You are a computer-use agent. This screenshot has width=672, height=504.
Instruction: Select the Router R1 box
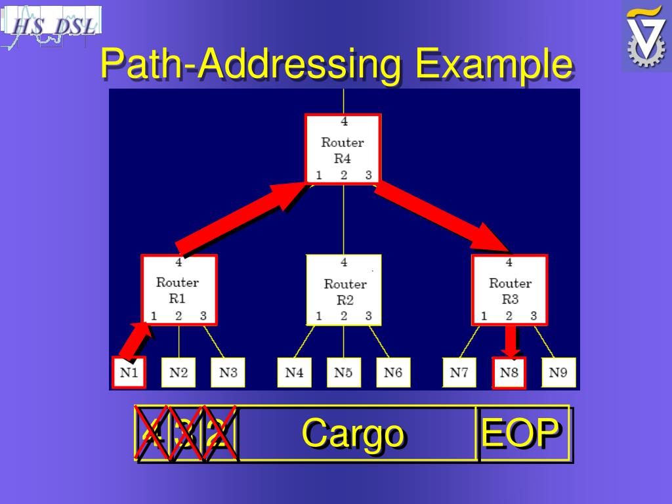[178, 290]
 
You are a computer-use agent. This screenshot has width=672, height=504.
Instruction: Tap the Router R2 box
[344, 290]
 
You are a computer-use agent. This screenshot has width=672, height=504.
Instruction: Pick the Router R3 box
[509, 290]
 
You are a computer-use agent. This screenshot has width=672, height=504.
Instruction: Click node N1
[129, 373]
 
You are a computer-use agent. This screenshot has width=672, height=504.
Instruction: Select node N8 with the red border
[509, 373]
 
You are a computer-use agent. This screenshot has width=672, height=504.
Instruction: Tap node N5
[343, 373]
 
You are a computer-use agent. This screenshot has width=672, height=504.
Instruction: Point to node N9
[558, 373]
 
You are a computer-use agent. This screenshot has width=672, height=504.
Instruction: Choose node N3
[228, 373]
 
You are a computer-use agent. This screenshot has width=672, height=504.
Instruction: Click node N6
[393, 373]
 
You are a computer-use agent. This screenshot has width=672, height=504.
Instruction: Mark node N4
[294, 373]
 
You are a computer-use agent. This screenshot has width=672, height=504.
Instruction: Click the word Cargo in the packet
[352, 434]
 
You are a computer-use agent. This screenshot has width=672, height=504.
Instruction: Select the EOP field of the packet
[521, 434]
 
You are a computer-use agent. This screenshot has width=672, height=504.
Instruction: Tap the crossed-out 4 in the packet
[152, 434]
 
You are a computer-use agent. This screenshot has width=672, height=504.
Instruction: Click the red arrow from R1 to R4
[240, 219]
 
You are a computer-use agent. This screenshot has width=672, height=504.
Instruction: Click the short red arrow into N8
[510, 341]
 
